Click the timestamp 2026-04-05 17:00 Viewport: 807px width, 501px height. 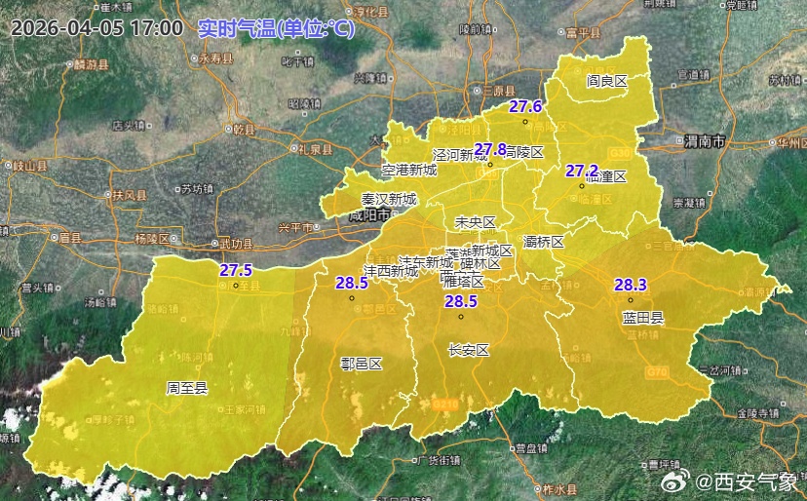[96, 27]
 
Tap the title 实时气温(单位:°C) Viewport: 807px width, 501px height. [276, 27]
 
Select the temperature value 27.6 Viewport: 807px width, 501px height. [525, 106]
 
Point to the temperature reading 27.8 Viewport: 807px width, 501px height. [490, 149]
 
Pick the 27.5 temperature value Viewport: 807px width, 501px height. [236, 270]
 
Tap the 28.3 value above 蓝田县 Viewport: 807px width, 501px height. [631, 285]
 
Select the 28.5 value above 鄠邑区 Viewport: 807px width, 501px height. [352, 283]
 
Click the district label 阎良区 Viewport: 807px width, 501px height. [606, 81]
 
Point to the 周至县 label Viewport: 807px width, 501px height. [187, 388]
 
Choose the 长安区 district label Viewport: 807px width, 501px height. [468, 350]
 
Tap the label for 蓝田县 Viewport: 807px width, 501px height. [643, 317]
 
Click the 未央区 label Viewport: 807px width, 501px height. [476, 222]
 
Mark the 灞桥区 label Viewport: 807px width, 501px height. [544, 241]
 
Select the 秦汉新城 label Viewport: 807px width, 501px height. [388, 199]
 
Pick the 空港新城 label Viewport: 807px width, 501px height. [409, 170]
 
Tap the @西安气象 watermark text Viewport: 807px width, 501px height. [746, 481]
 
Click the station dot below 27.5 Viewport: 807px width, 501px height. [236, 287]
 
